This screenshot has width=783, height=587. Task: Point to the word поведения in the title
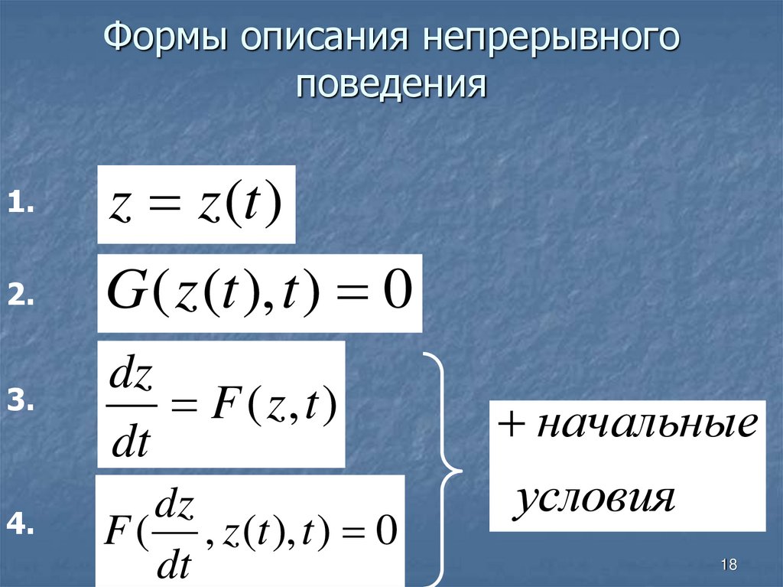[391, 83]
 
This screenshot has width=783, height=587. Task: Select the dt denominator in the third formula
[131, 442]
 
